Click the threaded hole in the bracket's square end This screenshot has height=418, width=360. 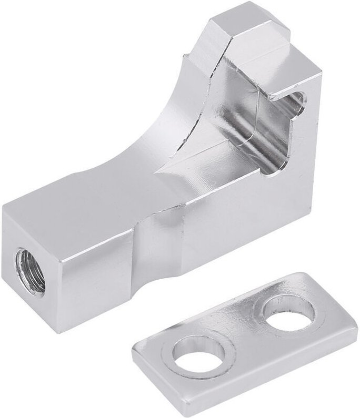[31, 271]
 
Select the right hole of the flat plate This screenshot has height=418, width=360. [289, 313]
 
